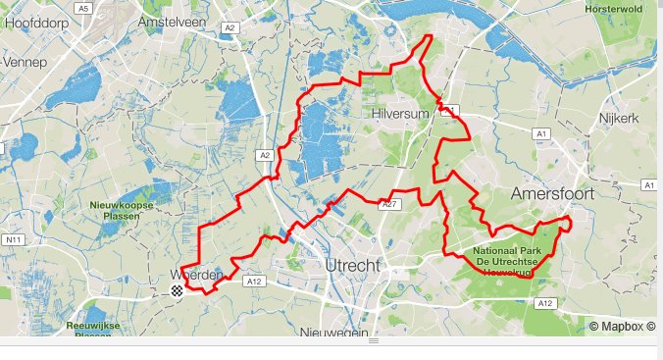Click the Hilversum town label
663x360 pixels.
[402, 115]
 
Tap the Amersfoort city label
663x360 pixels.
[552, 194]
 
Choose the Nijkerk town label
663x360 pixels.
[618, 118]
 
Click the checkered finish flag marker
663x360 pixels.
[177, 290]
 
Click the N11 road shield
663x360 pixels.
[14, 239]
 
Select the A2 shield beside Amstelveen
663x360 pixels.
[229, 28]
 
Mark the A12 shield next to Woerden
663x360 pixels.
[255, 282]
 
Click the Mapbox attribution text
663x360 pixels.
[622, 326]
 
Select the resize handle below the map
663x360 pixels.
[373, 341]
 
